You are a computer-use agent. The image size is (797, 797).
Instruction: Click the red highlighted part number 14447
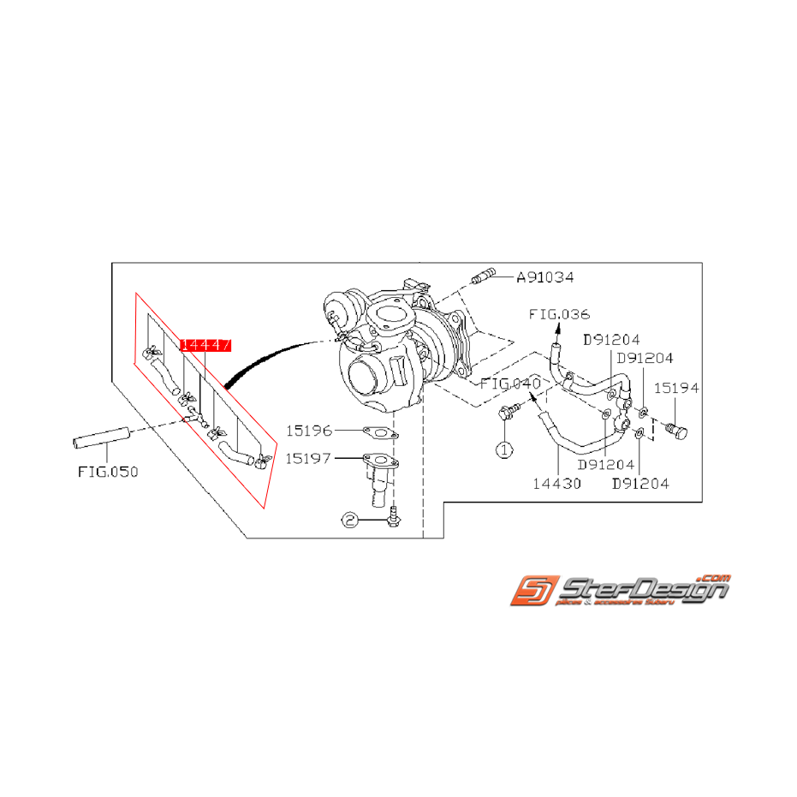(x=205, y=345)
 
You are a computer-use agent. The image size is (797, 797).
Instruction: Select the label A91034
(x=544, y=277)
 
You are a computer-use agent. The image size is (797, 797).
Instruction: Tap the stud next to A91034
(x=484, y=277)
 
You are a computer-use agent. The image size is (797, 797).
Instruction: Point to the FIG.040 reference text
(x=509, y=383)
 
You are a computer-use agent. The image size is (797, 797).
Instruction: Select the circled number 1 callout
(x=504, y=448)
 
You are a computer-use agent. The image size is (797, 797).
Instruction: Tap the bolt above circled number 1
(x=508, y=413)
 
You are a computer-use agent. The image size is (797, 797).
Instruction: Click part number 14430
(x=557, y=484)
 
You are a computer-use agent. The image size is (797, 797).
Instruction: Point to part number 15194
(x=677, y=388)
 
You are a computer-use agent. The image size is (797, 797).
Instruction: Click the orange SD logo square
(x=535, y=590)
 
